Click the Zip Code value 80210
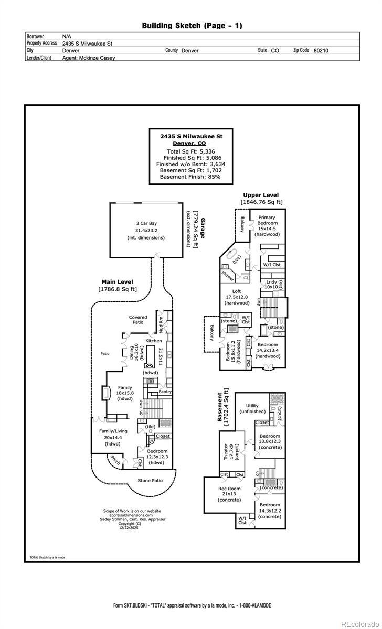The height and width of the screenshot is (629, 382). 321,51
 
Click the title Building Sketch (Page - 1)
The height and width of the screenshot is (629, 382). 192,25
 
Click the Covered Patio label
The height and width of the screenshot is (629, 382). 138,320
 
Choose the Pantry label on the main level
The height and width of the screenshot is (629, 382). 165,391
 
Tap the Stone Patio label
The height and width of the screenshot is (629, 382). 150,480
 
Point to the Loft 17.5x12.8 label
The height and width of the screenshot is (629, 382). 237,297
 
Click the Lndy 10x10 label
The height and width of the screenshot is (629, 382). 271,285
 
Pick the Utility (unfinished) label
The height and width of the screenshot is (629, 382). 252,408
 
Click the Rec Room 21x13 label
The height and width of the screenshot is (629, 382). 229,494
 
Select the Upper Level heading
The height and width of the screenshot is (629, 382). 261,195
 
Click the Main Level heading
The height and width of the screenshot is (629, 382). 117,281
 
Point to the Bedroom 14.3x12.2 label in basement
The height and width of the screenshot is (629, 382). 270,512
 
